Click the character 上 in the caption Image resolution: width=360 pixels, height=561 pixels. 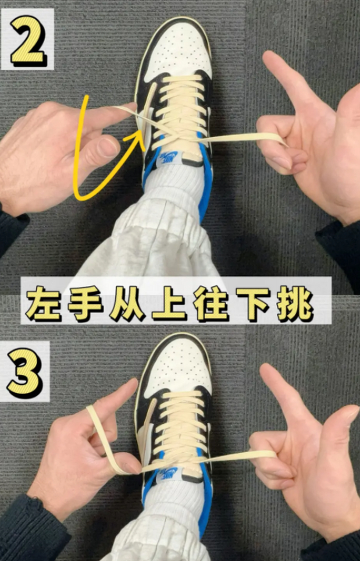tap(169, 303)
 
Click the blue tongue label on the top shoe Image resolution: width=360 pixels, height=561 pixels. tap(168, 156)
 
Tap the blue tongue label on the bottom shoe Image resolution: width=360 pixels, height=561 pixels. tap(169, 472)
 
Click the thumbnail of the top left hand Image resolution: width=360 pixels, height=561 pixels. tap(108, 147)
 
